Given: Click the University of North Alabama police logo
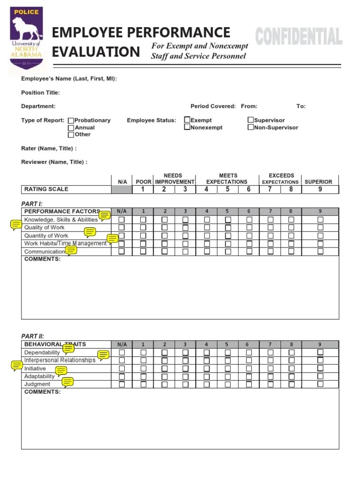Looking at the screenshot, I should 27,40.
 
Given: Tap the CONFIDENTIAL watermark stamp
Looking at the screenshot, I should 299,37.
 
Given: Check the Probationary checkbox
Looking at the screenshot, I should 71,120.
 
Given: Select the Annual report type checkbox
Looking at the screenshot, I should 71,127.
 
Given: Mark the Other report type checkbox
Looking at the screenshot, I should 71,135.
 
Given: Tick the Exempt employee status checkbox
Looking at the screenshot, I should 187,120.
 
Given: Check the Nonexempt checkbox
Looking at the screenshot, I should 187,127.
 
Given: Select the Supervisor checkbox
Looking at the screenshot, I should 251,120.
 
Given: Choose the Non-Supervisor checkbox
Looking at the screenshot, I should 251,127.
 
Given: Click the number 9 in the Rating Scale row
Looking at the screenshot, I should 320,189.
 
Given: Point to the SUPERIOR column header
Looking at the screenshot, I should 318,182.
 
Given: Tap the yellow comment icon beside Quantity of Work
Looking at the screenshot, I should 90,232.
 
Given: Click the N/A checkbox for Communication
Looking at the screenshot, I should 122,251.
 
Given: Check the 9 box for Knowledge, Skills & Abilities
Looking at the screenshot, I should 320,219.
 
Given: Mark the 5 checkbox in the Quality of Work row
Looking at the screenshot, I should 228,227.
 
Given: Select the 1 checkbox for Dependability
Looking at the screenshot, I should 143,352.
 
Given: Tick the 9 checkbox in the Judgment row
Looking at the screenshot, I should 320,384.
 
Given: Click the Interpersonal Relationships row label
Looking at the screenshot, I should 60,360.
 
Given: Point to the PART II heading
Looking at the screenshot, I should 32,336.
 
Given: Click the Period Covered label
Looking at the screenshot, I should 213,106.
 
